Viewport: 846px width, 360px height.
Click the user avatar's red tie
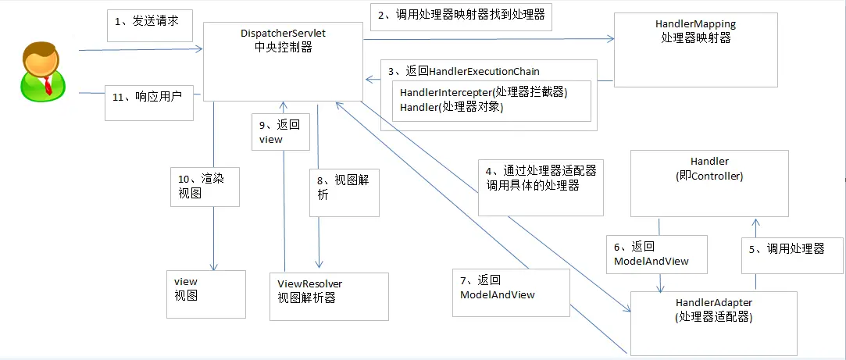[x=48, y=85]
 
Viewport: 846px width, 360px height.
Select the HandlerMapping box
[x=695, y=48]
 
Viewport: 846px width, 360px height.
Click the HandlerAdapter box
[x=713, y=323]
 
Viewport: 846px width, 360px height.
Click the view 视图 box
[x=205, y=293]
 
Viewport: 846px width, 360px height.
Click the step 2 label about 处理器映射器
[x=461, y=15]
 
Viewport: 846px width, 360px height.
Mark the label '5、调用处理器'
[x=791, y=249]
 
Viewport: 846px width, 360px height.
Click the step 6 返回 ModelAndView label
[x=655, y=254]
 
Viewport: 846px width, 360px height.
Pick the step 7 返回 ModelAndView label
[x=511, y=287]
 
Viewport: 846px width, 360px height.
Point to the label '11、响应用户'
[x=149, y=97]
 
